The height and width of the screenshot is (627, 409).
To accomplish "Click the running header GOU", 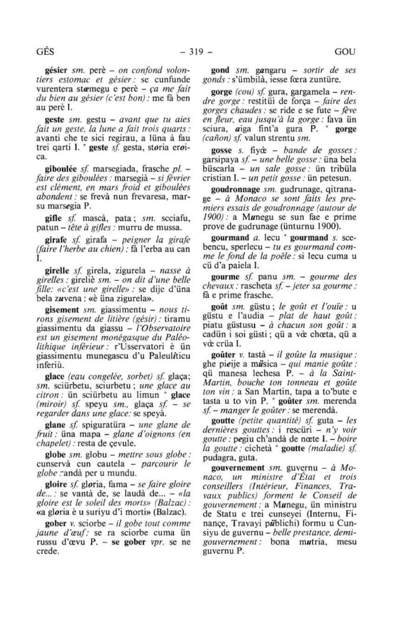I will [x=345, y=52].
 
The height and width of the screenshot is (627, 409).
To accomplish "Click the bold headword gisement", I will [x=62, y=310].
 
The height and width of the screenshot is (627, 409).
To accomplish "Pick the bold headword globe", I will [x=55, y=455].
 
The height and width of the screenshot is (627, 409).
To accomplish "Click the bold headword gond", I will [x=220, y=70].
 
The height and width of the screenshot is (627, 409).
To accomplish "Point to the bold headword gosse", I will [x=222, y=150].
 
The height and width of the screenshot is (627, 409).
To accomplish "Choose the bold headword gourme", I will [x=225, y=277].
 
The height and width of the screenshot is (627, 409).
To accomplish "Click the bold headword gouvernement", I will [x=238, y=468].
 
